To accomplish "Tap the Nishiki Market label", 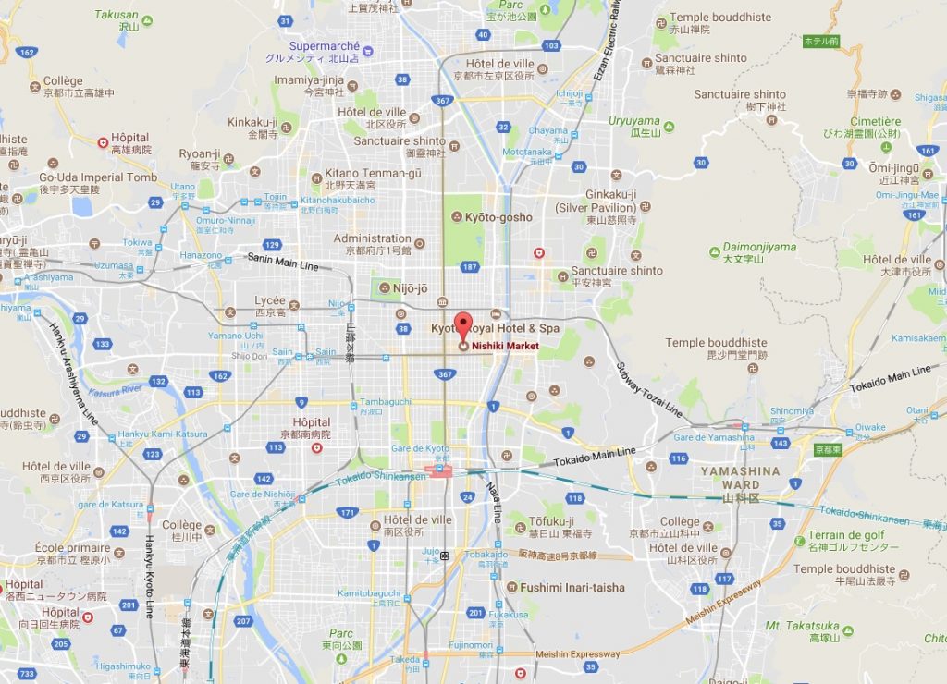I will click(505, 346).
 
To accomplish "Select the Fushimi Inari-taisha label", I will click(572, 587).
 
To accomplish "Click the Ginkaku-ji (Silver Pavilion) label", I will click(610, 201).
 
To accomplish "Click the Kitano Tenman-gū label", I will click(373, 173).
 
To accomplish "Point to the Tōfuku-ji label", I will click(552, 521).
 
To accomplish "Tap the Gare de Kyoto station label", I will click(419, 449).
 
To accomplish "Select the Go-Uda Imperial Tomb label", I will click(98, 177).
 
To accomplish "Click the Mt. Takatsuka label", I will click(802, 626).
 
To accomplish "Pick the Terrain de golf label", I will click(845, 535).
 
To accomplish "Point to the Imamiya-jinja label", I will click(309, 80).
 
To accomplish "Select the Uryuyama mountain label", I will click(633, 121).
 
